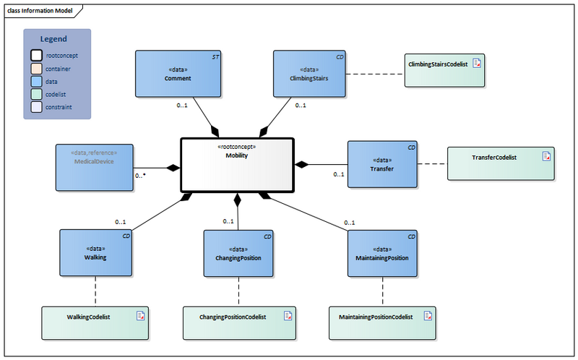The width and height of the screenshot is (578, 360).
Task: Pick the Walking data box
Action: [95, 253]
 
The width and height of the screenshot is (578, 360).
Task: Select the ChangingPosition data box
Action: [238, 253]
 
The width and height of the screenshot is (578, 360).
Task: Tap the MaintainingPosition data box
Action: [381, 253]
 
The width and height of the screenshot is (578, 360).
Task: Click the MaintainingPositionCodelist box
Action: [381, 322]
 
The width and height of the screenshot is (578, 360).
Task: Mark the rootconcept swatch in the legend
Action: [36, 55]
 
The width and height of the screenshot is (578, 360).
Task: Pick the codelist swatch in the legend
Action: [36, 94]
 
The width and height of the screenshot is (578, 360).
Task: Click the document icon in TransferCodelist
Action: [547, 155]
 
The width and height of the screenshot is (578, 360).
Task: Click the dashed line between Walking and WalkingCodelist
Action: [95, 291]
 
